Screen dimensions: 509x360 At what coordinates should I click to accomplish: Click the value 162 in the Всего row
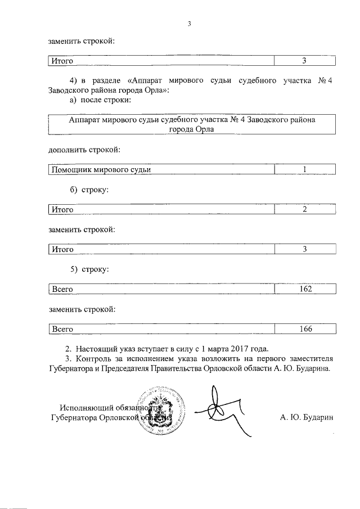305,289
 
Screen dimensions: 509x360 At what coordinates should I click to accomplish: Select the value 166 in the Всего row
305,329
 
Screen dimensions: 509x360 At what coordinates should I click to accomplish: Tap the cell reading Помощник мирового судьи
101,170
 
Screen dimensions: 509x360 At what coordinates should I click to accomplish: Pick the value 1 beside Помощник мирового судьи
305,170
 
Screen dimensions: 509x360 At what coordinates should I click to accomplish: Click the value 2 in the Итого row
305,210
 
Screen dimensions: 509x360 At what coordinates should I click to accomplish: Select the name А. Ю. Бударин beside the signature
307,417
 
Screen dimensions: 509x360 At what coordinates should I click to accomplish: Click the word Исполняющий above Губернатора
86,407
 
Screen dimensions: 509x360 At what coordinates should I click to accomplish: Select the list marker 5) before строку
70,269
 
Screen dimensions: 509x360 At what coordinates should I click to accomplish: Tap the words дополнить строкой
84,150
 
